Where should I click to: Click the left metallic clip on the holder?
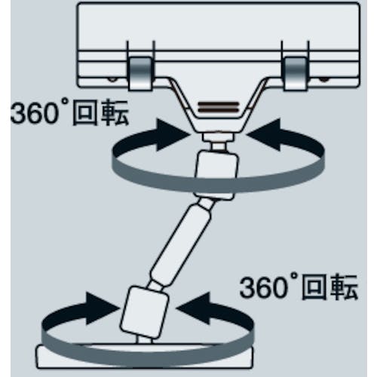tap(140, 73)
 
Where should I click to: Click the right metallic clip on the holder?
tap(296, 73)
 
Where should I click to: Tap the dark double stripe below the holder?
tap(218, 107)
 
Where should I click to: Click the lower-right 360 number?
tap(264, 287)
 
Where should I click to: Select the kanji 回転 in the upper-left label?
tap(100, 112)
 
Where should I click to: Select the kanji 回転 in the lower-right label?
tap(330, 287)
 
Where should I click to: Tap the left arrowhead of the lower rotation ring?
tap(102, 308)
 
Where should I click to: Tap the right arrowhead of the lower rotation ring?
tap(194, 308)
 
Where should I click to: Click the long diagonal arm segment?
tap(180, 244)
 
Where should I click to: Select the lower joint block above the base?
tap(144, 311)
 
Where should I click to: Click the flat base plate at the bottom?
tap(144, 357)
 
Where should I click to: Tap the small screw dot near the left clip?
tap(112, 80)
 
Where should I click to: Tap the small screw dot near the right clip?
tap(323, 80)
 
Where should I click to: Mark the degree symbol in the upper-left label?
tap(65, 102)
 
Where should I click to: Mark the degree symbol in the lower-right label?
tap(294, 277)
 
